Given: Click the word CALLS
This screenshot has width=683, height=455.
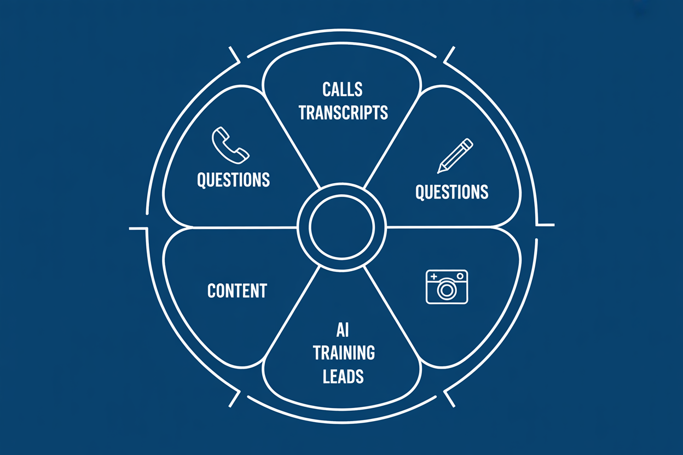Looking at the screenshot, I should coord(343,89).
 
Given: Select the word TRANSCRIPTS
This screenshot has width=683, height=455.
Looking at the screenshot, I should coord(343,112).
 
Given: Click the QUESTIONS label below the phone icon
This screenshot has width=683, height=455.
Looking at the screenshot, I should coord(234,180).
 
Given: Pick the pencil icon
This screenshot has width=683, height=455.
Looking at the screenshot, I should coord(455,156).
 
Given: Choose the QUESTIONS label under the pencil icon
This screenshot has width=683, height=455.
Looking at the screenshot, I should coord(452,192).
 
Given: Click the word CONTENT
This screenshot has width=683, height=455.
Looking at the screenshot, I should coord(237,290).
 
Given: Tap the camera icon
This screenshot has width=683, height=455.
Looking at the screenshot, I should coord(447,287).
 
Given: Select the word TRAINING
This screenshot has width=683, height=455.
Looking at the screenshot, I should coord(344,353).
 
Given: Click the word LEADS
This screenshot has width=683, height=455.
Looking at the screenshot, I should coord(344,376).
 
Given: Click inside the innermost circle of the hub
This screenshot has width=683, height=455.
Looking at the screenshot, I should coord(342,226).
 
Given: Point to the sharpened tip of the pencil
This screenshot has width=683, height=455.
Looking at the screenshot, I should coord(439,172).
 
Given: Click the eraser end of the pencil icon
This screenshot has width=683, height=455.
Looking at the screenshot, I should coord(469,142).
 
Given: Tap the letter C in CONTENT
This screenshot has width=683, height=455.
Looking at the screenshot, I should coord(211,290).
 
